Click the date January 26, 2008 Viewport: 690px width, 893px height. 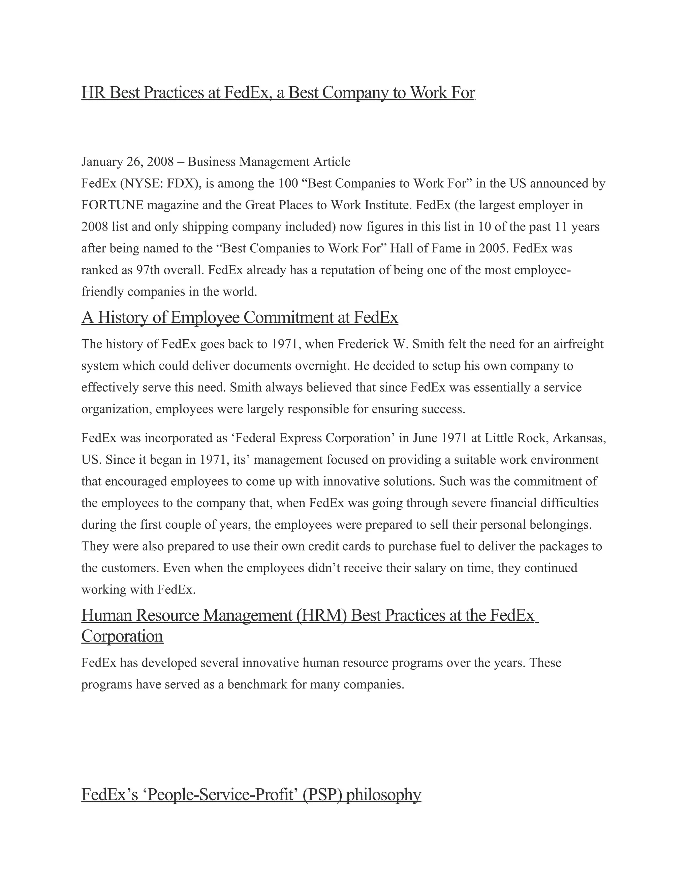point(128,162)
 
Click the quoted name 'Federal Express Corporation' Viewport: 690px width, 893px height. point(310,438)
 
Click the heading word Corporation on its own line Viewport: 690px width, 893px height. point(122,636)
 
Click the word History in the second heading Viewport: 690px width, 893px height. point(123,318)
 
